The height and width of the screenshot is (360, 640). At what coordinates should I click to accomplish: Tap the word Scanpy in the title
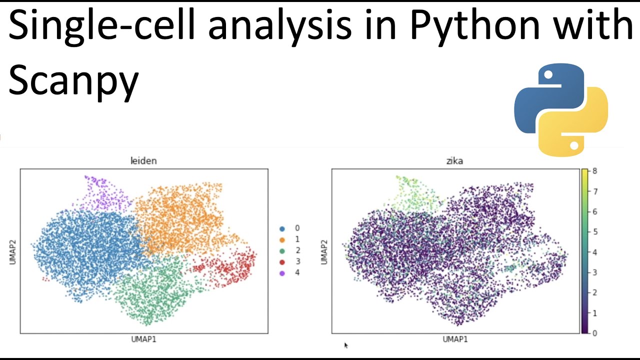(73, 81)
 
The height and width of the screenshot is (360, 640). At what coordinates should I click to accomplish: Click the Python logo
(561, 109)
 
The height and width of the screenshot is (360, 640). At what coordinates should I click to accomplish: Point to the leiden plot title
(143, 161)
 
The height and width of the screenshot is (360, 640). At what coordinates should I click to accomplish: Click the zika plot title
(454, 161)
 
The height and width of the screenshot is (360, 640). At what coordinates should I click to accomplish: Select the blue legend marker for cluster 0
(282, 228)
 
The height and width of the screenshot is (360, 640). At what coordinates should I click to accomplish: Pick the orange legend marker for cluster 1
(282, 239)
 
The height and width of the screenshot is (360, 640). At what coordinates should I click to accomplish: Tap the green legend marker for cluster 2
(282, 251)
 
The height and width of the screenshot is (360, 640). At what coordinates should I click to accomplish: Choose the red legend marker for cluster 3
(282, 262)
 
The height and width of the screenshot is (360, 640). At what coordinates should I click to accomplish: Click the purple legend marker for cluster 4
(282, 273)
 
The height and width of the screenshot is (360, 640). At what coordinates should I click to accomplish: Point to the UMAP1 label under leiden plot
(143, 339)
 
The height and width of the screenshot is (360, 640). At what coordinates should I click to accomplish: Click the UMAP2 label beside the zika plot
(324, 251)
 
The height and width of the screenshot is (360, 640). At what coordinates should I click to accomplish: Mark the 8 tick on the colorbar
(594, 171)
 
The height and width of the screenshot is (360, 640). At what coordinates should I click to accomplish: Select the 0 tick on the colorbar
(594, 333)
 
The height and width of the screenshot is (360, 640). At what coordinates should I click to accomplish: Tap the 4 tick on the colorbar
(594, 252)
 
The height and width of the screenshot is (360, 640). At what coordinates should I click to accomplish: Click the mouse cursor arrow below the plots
(345, 345)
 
